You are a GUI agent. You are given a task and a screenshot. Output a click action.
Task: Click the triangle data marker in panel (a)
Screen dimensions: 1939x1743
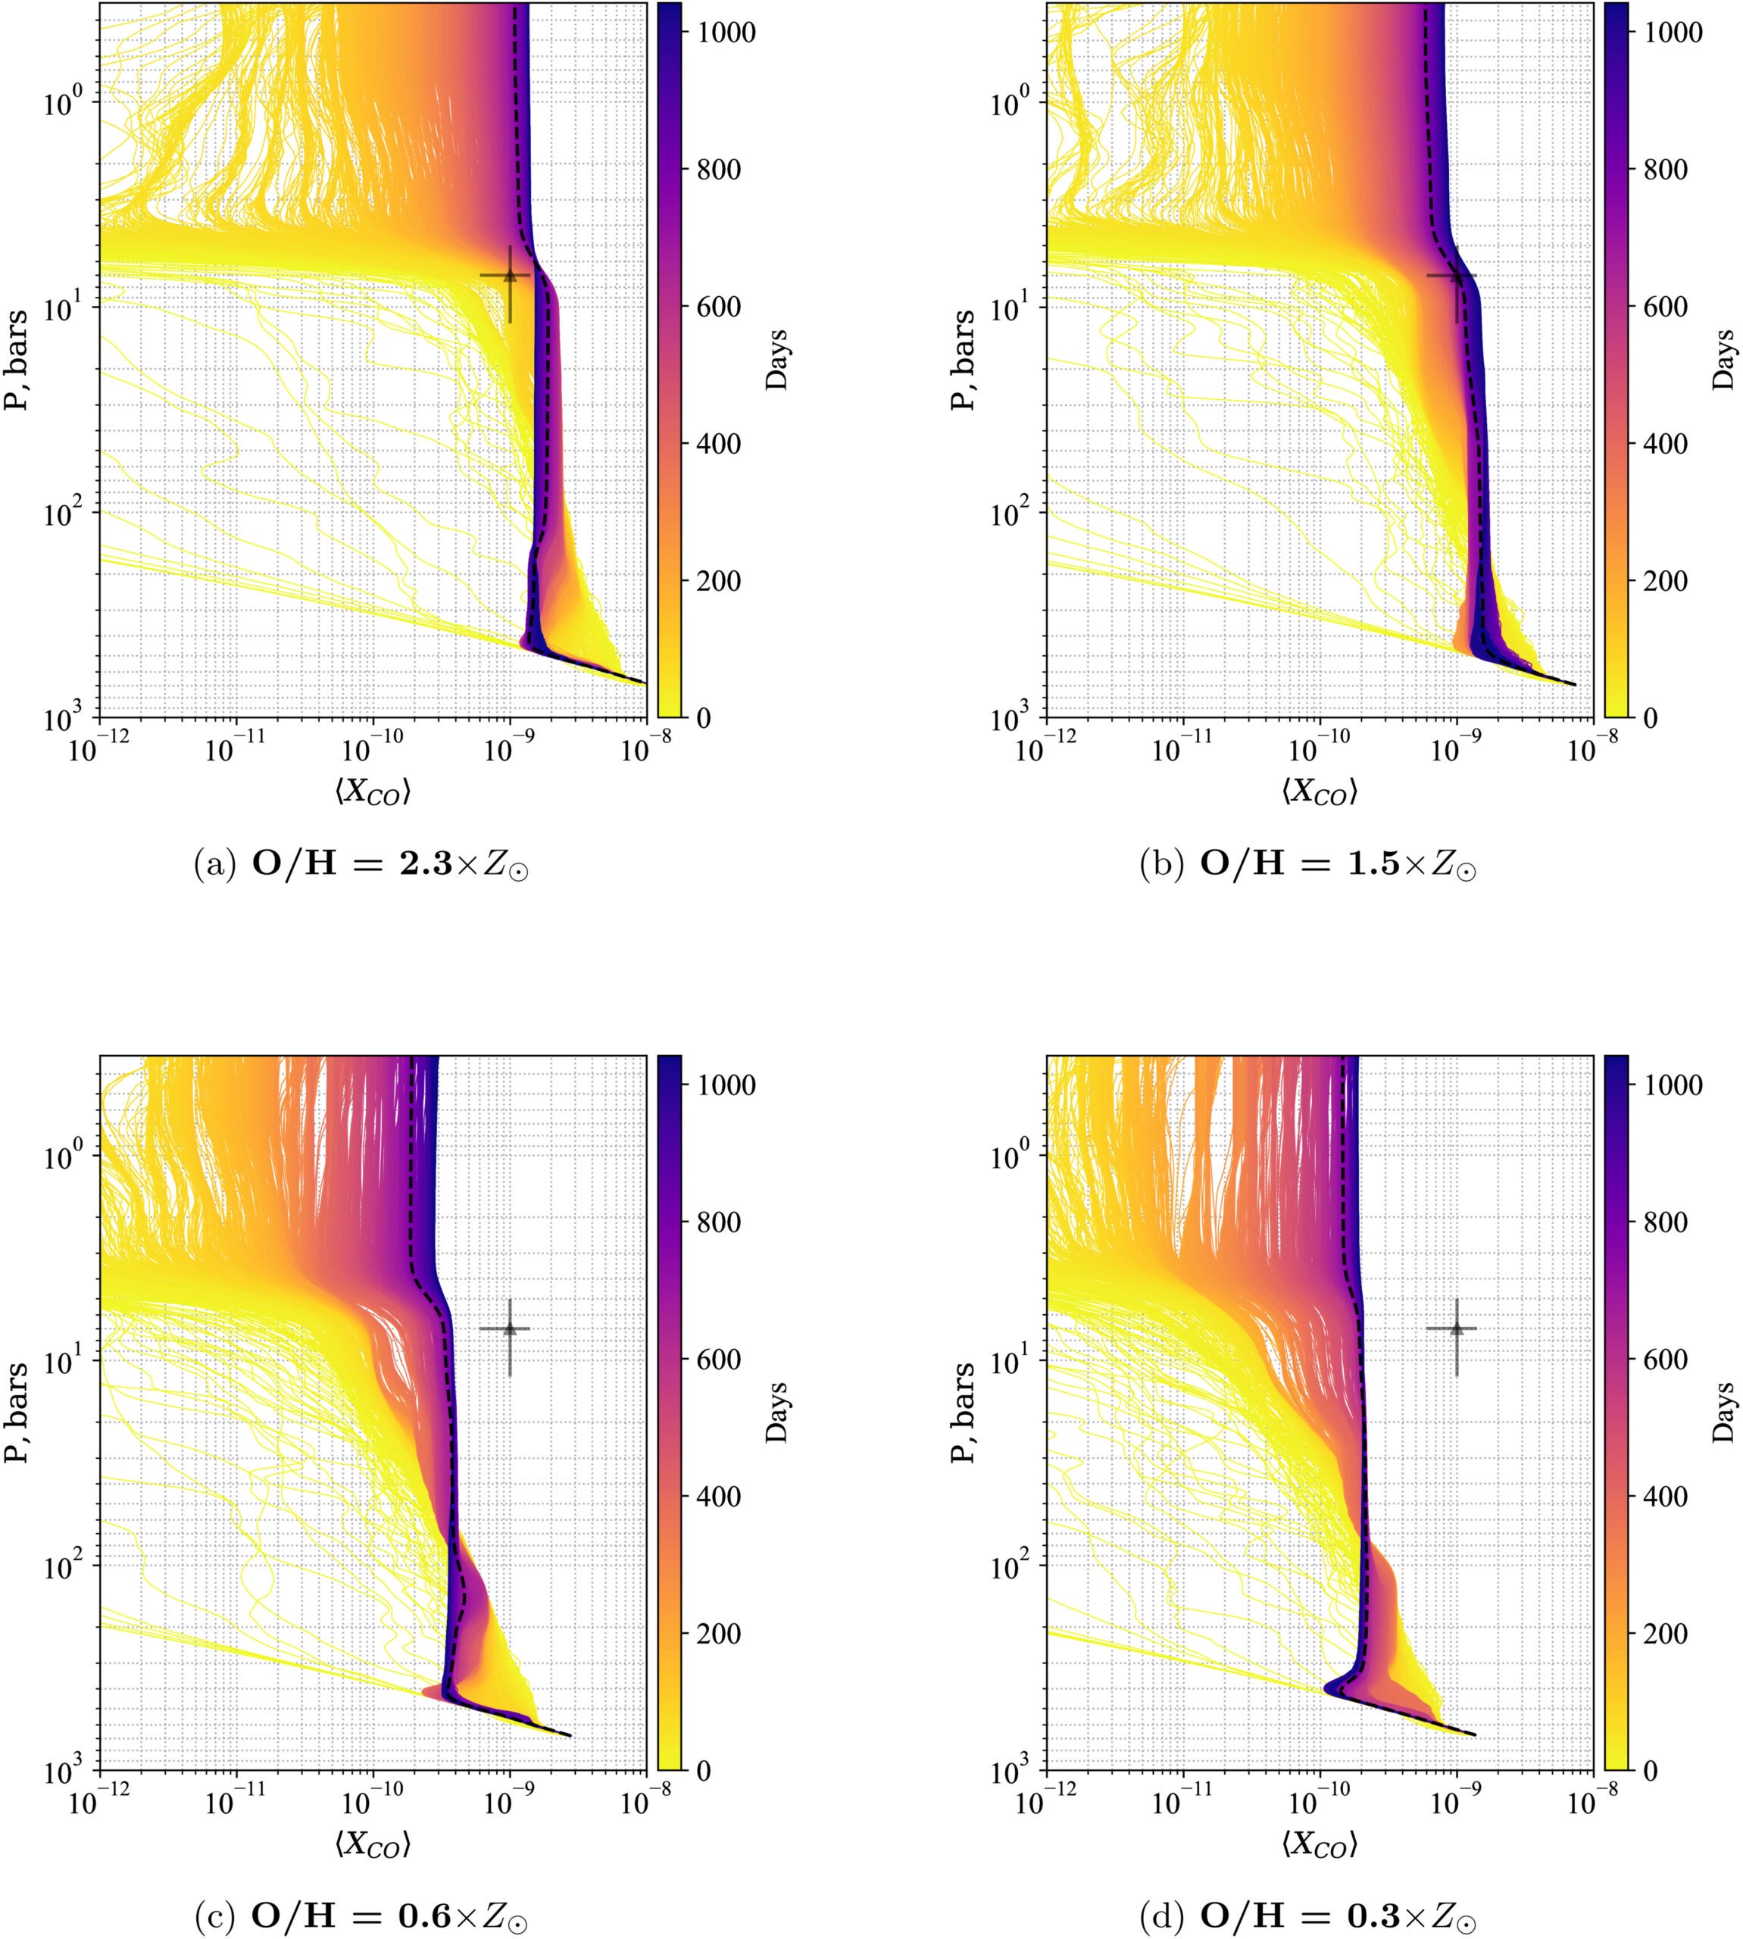click(510, 276)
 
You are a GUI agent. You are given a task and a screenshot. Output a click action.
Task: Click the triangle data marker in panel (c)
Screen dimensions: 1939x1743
click(510, 1328)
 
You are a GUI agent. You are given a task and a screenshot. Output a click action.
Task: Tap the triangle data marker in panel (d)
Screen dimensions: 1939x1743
click(1457, 1328)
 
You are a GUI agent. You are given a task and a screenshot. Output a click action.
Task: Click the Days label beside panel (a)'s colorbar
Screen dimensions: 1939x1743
click(778, 359)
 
